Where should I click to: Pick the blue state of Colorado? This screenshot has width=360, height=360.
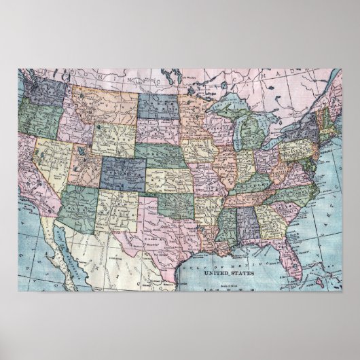[124, 170]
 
